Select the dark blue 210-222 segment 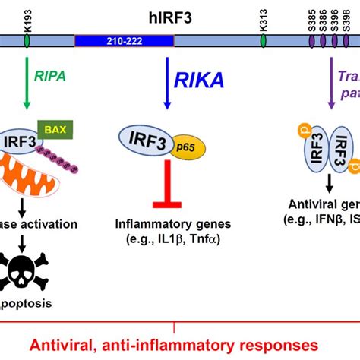[x=112, y=36]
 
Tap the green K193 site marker [x=27, y=36]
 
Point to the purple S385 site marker [x=312, y=36]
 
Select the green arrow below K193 [x=27, y=84]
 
